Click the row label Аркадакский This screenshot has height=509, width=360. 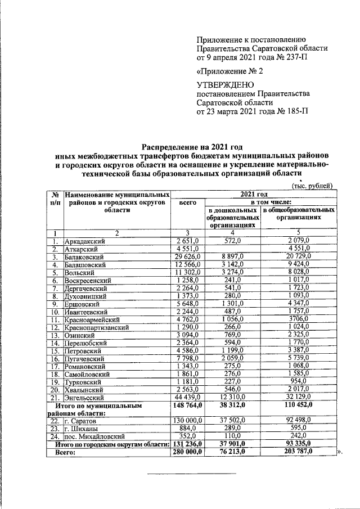coord(84,241)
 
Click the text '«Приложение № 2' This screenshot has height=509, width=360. coord(229,71)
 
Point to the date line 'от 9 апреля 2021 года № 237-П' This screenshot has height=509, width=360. coord(251,57)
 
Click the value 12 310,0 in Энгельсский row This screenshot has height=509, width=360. coord(231,397)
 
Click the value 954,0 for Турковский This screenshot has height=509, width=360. coord(299,381)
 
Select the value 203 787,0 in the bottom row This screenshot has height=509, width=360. coord(299,451)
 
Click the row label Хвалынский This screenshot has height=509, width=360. coord(85,389)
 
